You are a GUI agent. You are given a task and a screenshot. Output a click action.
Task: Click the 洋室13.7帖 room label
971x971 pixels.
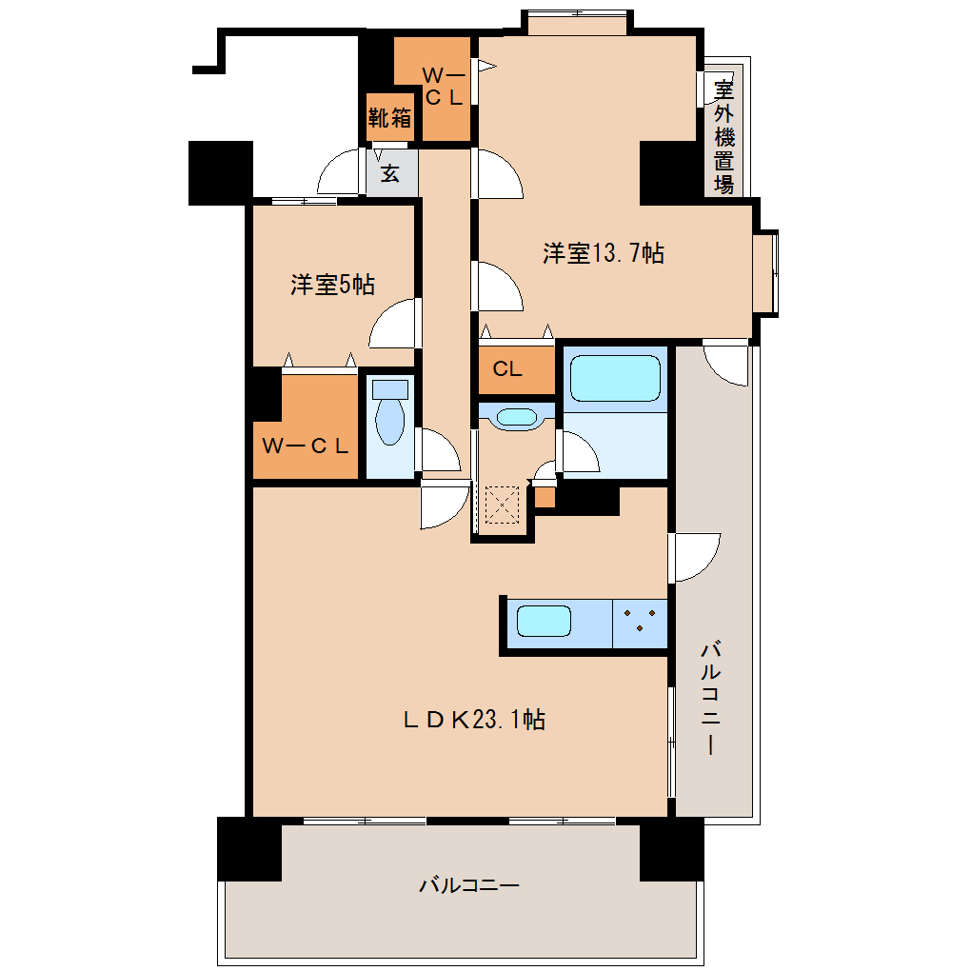tap(604, 253)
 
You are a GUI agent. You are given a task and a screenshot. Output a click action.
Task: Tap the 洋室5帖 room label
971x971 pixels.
tap(332, 285)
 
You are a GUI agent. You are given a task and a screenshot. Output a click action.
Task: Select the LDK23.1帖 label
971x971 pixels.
tap(474, 720)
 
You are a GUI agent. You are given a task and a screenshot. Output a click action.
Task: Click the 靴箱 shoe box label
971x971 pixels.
tap(389, 118)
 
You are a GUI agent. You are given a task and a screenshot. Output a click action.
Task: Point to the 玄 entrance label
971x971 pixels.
tap(389, 173)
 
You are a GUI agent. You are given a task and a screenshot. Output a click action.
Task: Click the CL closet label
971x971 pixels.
tap(507, 369)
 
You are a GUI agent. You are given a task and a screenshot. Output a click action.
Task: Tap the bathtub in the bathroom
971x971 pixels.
tap(615, 378)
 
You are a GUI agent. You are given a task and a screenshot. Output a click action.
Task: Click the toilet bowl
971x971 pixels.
tap(390, 421)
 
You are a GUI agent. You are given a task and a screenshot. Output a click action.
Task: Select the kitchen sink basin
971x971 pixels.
tap(544, 621)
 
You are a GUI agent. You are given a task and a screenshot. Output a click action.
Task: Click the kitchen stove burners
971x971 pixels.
tap(640, 620)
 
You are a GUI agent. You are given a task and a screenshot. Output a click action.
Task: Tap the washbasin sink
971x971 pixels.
tap(517, 417)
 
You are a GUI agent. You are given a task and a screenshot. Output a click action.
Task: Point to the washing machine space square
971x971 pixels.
tap(502, 505)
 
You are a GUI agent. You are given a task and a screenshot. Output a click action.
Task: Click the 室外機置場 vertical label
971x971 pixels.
tap(723, 137)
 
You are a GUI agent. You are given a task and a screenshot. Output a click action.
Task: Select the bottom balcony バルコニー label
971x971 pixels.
tap(469, 885)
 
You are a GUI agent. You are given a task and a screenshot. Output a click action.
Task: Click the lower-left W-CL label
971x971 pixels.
tap(306, 446)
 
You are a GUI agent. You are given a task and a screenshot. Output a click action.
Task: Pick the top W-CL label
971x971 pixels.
tap(444, 86)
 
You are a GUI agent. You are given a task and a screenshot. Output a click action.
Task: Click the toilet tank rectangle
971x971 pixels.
tap(390, 389)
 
